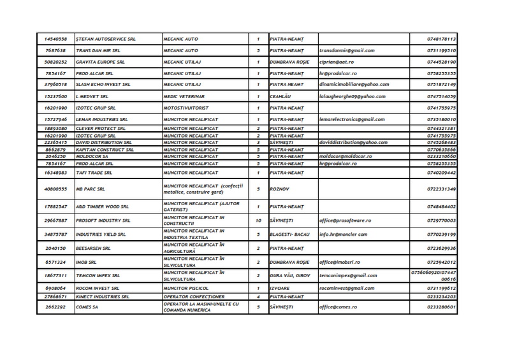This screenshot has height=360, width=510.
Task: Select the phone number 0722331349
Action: (441, 189)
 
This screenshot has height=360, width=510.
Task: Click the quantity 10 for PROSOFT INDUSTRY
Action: (258, 220)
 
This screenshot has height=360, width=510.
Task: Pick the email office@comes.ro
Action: (342, 308)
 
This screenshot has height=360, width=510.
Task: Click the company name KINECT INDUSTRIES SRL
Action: (103, 296)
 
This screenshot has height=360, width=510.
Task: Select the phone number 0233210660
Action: (441, 156)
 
